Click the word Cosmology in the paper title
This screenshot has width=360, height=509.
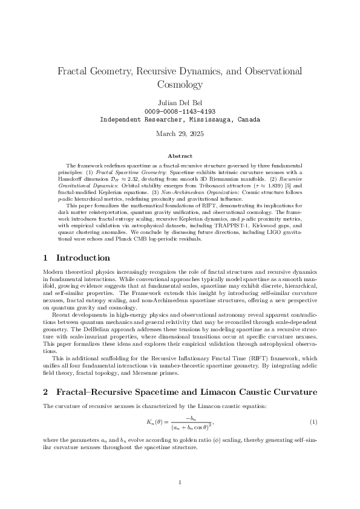pos(180,85)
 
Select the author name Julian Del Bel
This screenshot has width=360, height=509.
pos(180,102)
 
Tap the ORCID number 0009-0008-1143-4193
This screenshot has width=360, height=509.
pos(180,111)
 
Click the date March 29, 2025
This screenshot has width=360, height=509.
pos(180,134)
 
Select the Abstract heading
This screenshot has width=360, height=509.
pos(180,156)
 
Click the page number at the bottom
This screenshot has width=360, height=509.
pos(180,482)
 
